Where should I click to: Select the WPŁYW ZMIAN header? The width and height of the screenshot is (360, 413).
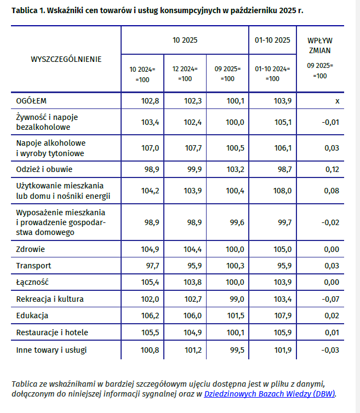pos(320,45)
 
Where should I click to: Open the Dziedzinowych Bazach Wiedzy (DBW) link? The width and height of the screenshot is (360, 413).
pos(269,393)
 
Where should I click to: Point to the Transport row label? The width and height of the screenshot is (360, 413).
pos(33,266)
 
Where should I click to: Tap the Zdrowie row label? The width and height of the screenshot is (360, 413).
pos(31,249)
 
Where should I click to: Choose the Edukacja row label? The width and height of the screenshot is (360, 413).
pos(32,316)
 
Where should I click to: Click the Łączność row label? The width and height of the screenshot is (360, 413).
pos(33,282)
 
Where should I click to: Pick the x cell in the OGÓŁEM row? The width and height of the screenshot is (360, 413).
pos(338,101)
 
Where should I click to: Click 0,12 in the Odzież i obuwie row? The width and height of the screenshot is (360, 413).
pos(332,169)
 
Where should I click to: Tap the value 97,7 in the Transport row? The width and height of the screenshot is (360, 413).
pos(150,266)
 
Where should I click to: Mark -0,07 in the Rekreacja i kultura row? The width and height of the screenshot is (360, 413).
pos(330,299)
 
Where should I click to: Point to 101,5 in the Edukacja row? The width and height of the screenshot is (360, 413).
pos(235,316)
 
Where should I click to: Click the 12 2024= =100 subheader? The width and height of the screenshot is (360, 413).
pos(185,73)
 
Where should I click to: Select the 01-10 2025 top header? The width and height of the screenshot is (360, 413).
pos(272,40)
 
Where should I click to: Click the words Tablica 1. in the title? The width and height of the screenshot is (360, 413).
pos(28,11)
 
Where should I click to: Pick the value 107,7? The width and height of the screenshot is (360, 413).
pos(192,148)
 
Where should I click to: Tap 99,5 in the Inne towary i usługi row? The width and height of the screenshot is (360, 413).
pos(235,349)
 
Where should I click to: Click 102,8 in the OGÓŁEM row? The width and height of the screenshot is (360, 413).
pos(150,101)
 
